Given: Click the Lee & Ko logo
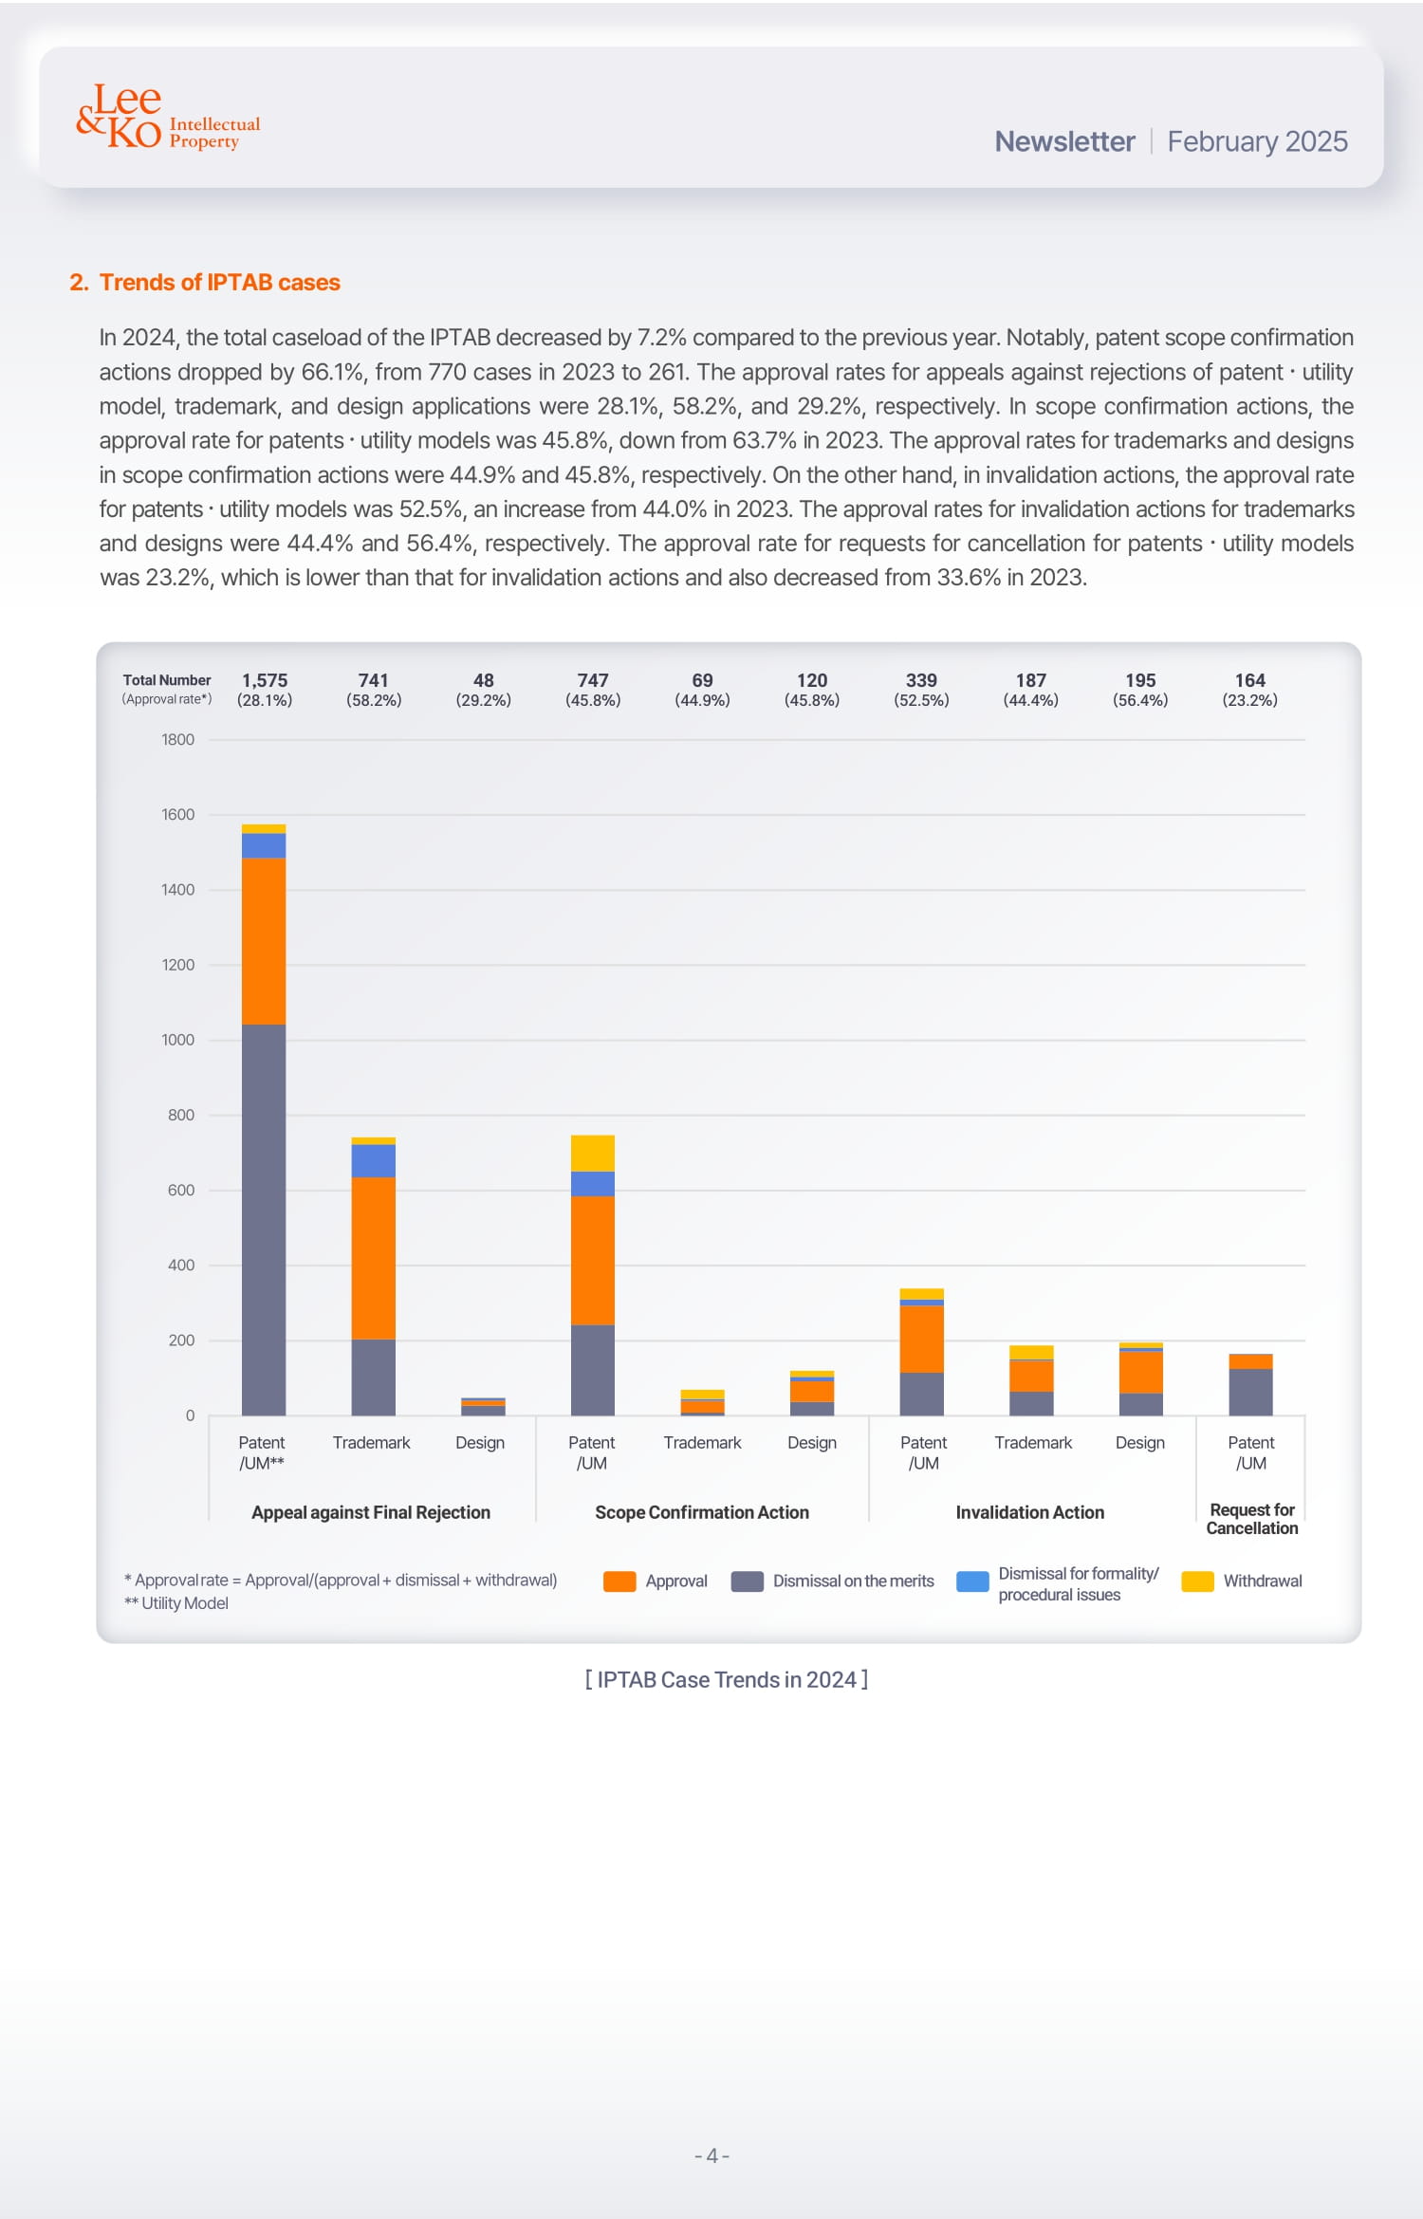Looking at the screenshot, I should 166,118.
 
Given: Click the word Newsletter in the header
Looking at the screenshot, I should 1063,141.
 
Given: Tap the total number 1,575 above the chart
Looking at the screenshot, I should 265,680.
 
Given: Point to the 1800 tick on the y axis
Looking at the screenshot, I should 177,740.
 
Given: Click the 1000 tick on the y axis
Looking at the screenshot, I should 177,1040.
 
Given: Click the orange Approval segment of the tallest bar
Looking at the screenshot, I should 264,940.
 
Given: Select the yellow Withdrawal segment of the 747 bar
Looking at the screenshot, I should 593,1153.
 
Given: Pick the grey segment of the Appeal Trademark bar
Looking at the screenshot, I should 373,1377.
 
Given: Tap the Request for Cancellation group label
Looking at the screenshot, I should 1251,1518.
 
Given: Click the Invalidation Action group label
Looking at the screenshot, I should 1029,1512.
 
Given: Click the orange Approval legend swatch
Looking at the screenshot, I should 619,1581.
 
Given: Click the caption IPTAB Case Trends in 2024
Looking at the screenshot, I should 727,1679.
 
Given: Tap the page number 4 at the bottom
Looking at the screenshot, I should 711,2155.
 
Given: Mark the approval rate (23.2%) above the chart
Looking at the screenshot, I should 1249,700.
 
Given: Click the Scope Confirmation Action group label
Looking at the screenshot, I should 702,1512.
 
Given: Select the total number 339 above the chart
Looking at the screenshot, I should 921,680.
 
